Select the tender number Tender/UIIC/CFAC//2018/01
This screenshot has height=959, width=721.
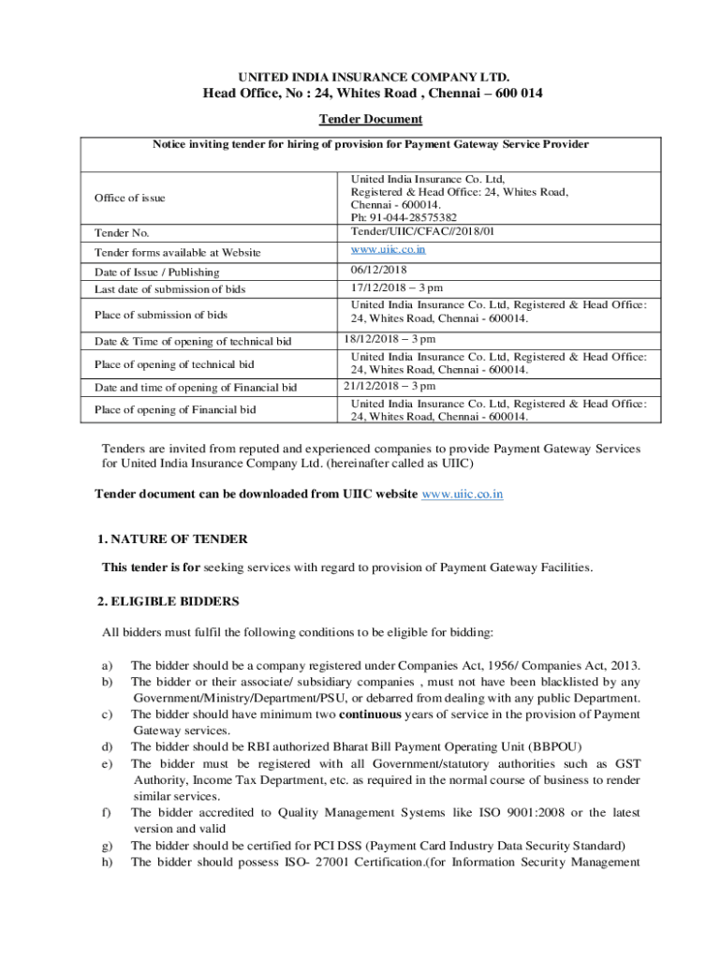point(422,230)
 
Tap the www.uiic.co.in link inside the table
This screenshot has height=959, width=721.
point(389,249)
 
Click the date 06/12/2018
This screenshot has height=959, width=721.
point(380,270)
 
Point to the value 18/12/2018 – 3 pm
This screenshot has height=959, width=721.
point(390,339)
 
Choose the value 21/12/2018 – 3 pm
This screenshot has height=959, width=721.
point(390,386)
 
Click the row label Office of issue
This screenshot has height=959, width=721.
point(129,198)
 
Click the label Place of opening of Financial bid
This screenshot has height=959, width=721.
point(175,409)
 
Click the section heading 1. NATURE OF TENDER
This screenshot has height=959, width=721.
point(172,539)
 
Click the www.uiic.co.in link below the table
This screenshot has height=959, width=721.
point(463,493)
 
